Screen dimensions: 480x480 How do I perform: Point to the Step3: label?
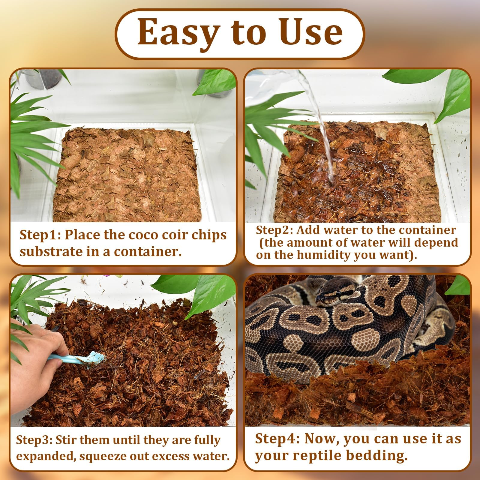pos(34,440)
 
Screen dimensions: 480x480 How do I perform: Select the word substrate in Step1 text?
pos(51,251)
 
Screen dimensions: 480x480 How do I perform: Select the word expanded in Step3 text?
pos(46,456)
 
